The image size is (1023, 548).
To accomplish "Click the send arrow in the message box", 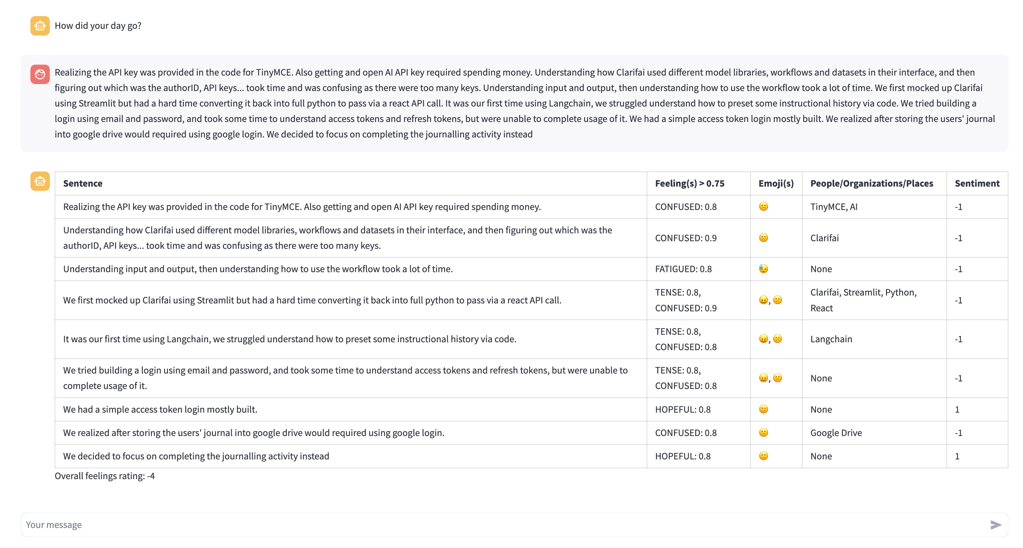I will pos(995,525).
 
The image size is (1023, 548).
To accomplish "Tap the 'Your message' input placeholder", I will pos(54,525).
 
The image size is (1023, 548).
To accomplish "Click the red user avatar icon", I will pos(40,74).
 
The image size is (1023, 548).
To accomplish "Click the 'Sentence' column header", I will pos(83,183).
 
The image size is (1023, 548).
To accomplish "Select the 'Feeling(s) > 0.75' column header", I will pos(689,183).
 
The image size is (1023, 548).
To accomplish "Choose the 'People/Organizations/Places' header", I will pos(872,183).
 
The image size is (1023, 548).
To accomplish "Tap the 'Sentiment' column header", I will pos(977,183).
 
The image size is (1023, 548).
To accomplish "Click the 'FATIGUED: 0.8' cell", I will pos(683,269).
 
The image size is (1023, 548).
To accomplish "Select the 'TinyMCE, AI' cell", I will pos(833,207).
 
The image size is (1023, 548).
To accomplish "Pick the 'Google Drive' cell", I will pos(836,433).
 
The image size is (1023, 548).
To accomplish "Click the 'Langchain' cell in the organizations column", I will pos(831,339).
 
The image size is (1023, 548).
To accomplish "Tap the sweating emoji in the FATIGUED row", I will pos(763,269).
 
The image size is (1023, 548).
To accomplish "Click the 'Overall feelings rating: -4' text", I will pos(105,476).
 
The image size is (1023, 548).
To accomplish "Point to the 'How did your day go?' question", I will pos(98,26).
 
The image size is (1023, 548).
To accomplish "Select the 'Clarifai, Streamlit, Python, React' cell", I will pos(863,300).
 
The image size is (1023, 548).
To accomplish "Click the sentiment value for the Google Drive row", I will pos(958,433).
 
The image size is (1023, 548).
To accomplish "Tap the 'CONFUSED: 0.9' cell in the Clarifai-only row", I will pos(686,238).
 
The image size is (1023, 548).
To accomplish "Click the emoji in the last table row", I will pos(763,456).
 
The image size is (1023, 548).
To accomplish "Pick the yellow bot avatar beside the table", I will pos(40,181).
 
